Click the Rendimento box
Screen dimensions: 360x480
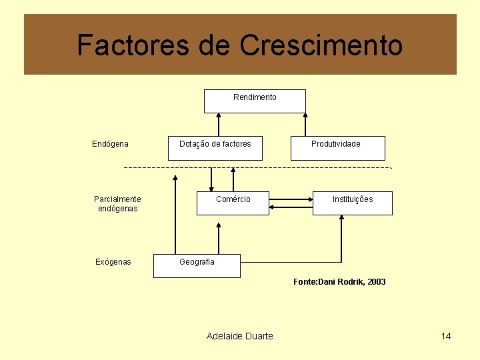(x=255, y=101)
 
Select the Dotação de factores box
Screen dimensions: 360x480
(x=215, y=148)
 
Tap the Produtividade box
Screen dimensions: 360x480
(x=337, y=148)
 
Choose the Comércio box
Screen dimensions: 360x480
(x=233, y=203)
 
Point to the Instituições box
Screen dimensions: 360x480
(x=353, y=203)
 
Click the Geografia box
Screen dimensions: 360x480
(x=197, y=265)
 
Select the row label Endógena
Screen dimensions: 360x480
(x=110, y=144)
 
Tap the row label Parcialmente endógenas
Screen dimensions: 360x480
(x=117, y=204)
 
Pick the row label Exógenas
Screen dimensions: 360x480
(x=113, y=262)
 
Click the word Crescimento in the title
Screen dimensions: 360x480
(x=321, y=45)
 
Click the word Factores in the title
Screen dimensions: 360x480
(x=133, y=45)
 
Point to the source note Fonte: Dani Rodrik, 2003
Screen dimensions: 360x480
(x=339, y=282)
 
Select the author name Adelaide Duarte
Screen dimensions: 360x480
(x=240, y=336)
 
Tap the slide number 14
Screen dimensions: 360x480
(x=446, y=336)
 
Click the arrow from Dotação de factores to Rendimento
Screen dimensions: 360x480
(x=219, y=125)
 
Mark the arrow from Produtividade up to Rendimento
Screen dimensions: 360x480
(x=305, y=125)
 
